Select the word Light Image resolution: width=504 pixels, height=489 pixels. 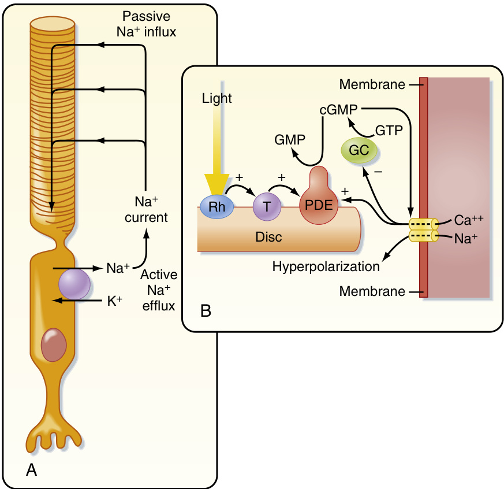217,98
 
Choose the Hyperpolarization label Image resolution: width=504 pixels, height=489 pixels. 326,266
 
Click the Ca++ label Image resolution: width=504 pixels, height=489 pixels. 467,221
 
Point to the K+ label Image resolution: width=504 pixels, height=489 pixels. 115,301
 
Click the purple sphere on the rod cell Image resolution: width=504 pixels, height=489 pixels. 74,284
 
